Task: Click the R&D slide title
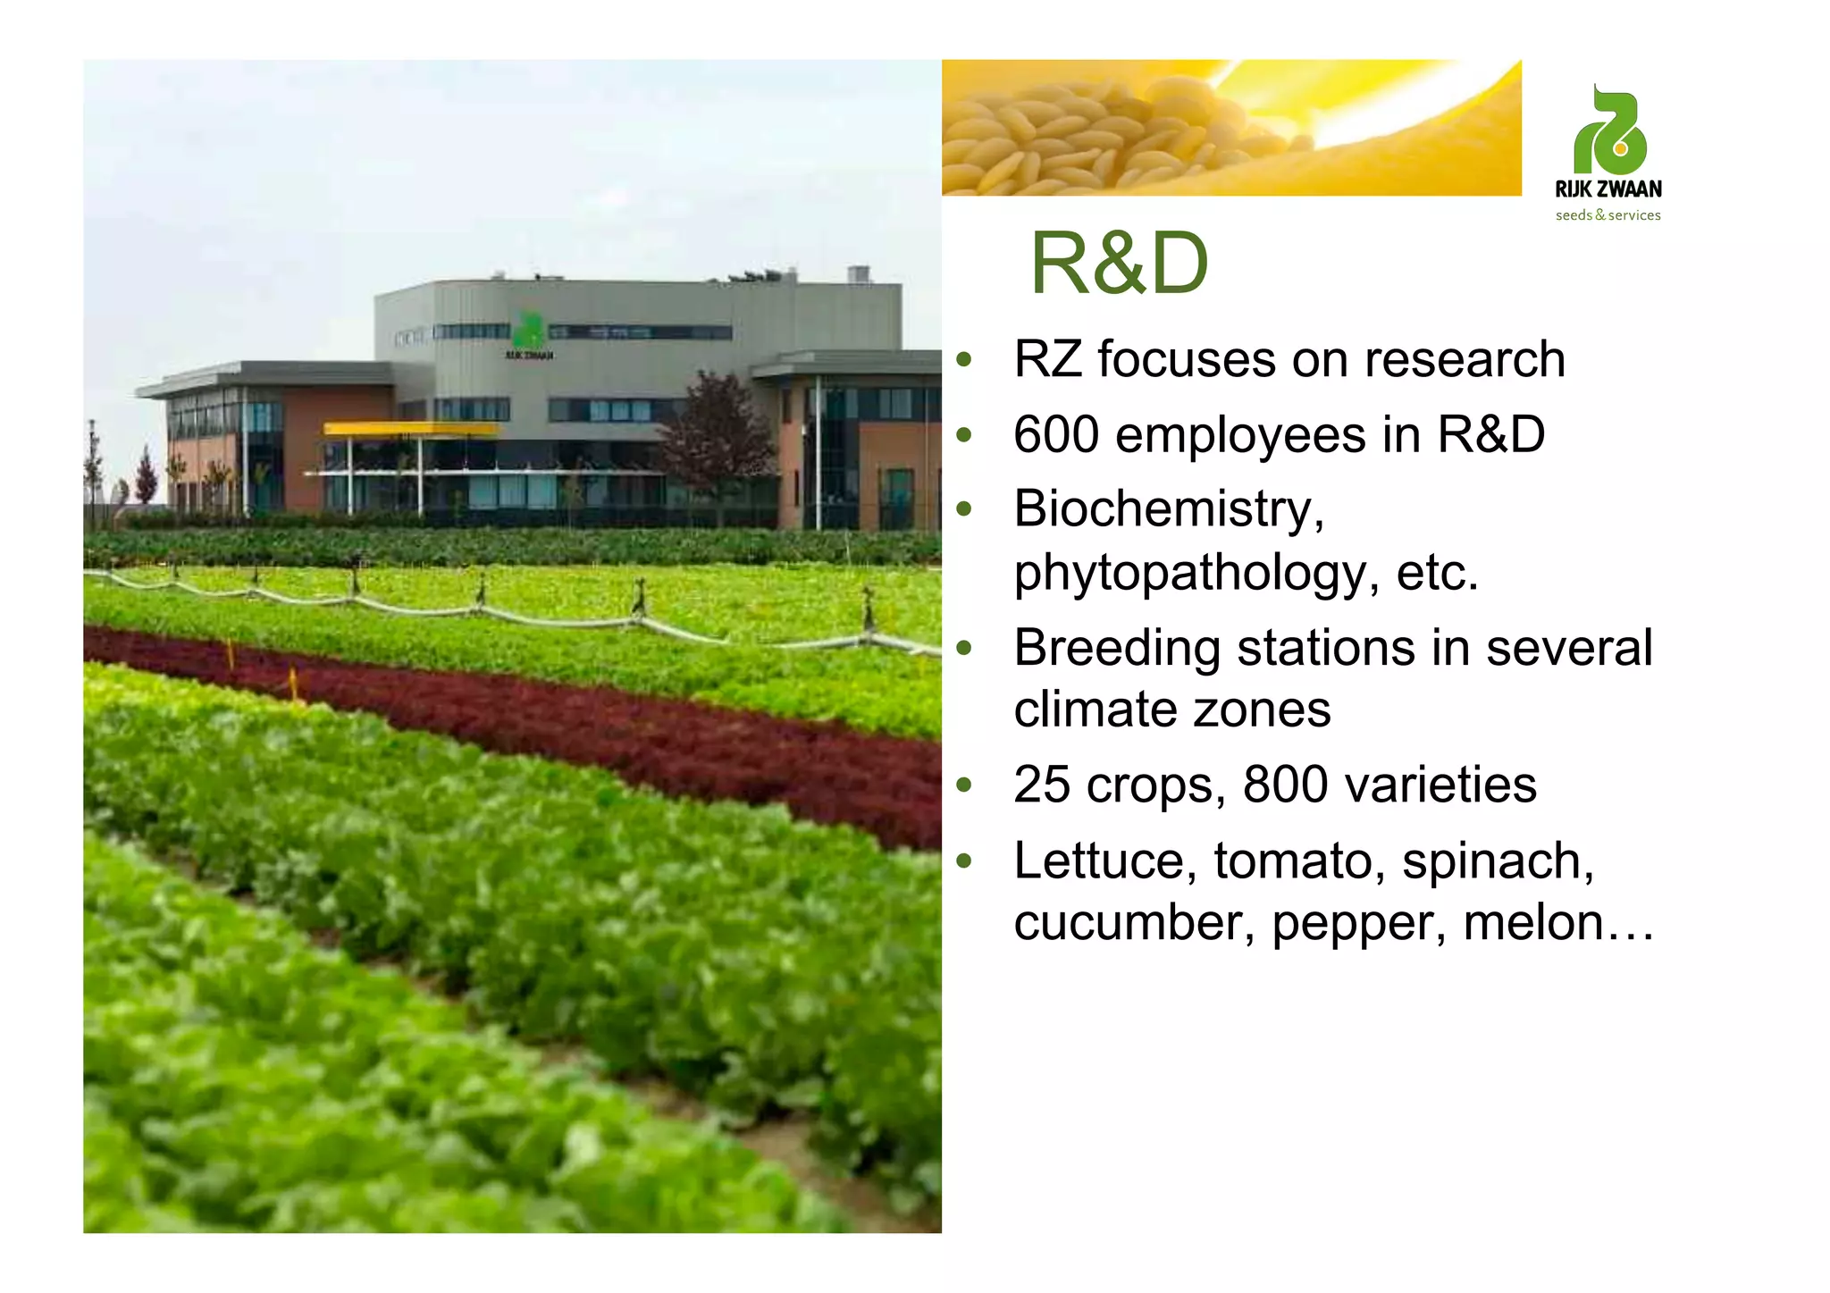click(x=1119, y=264)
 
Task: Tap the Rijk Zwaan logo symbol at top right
click(x=1609, y=132)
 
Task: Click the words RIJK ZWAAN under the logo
click(x=1608, y=189)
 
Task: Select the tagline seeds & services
click(x=1608, y=215)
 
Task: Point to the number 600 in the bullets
click(x=1056, y=435)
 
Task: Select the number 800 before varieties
click(x=1285, y=785)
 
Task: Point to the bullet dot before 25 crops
click(x=963, y=786)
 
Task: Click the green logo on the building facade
click(x=528, y=332)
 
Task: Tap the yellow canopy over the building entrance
click(x=411, y=429)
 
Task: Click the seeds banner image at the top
click(x=1230, y=127)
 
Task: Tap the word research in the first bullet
click(x=1464, y=360)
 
